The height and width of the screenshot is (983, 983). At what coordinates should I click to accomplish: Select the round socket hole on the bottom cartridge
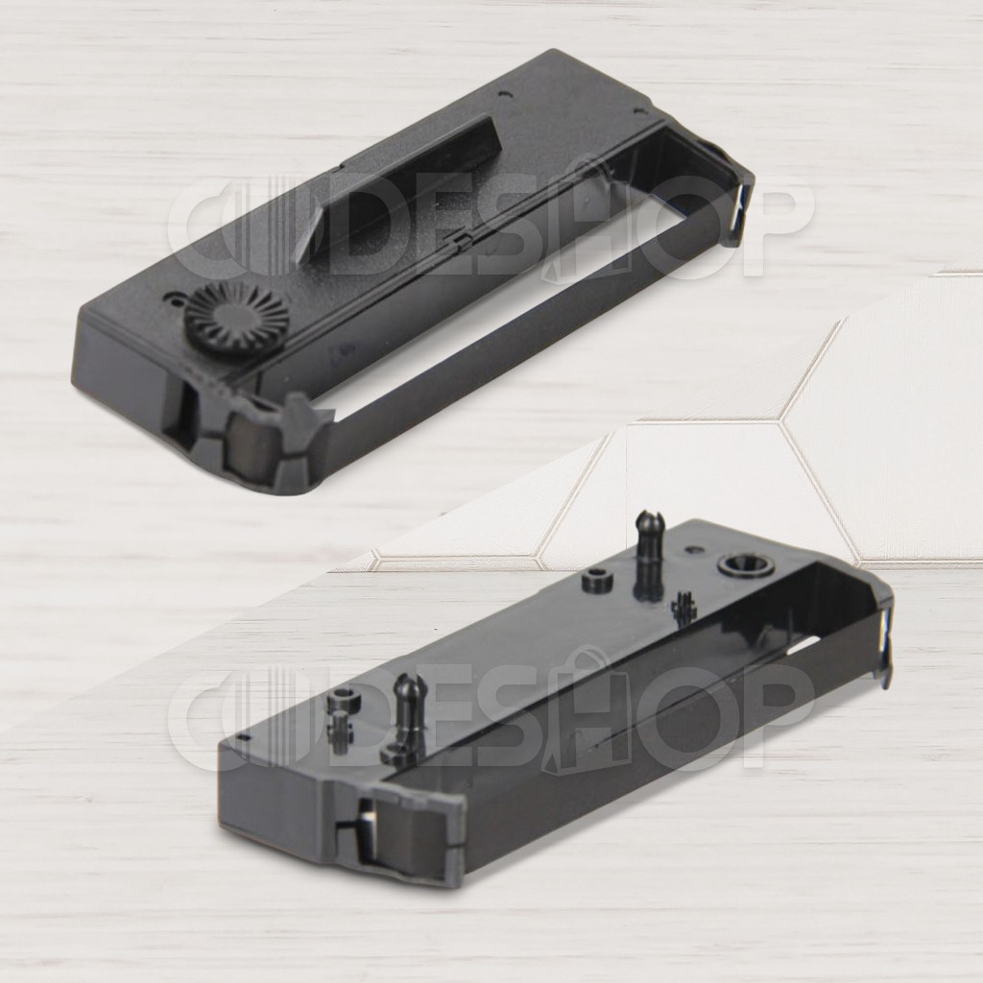pyautogui.click(x=747, y=566)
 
